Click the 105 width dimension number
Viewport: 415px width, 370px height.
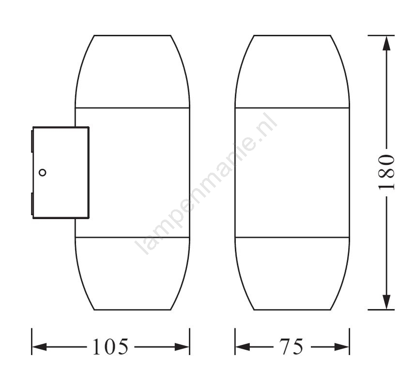tap(110, 346)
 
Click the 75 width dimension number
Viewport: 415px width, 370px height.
tap(291, 346)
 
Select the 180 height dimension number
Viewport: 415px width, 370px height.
tap(386, 172)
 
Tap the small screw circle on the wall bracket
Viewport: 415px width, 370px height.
tap(42, 173)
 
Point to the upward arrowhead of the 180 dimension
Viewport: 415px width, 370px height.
tap(387, 44)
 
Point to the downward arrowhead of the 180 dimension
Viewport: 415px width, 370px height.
tap(387, 302)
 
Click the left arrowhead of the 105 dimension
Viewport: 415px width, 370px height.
tap(39, 347)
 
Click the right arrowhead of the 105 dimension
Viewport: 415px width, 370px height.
tap(182, 347)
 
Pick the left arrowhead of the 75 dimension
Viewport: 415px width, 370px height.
tap(243, 347)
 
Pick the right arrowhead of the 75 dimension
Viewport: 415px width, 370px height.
tap(342, 347)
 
